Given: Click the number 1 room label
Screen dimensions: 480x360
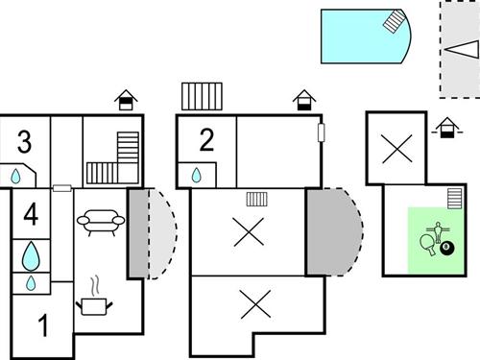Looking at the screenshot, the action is tap(42, 326).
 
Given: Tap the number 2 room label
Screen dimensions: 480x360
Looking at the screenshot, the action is tap(206, 140).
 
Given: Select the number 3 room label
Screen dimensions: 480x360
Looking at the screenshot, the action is tap(24, 142).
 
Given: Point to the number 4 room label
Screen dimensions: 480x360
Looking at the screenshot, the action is tap(31, 214).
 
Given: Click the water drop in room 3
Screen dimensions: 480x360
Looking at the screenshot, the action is tap(16, 177).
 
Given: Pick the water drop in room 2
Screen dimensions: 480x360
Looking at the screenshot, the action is tap(197, 176).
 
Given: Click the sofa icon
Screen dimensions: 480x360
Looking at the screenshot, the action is tap(100, 221).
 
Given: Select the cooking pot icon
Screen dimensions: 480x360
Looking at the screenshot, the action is tap(97, 306).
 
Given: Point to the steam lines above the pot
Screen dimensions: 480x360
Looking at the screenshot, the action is tap(95, 286).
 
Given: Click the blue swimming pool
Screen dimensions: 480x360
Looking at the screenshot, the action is tap(361, 36).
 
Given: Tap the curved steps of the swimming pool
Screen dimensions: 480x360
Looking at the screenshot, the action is tap(396, 23).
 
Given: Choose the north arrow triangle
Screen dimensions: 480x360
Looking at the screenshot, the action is tap(458, 49).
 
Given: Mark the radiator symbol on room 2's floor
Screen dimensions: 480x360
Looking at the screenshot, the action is tap(256, 199).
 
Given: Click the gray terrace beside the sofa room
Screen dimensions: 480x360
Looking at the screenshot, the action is tap(138, 233).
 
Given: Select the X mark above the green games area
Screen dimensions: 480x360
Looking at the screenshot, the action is tap(395, 149).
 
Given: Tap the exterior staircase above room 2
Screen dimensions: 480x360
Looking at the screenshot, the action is tap(202, 98).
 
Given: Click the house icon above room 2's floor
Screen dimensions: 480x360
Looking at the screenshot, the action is tap(303, 99).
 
